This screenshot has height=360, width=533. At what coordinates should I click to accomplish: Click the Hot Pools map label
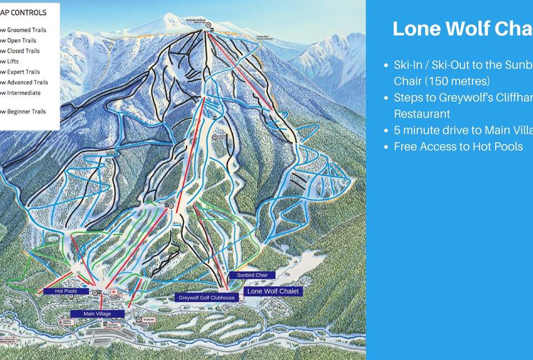click(x=66, y=291)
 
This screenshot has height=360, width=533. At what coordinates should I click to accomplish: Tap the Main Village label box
click(x=97, y=314)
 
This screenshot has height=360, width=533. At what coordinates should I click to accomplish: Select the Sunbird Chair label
click(x=253, y=275)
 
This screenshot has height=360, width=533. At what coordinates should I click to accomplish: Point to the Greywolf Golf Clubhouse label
click(x=207, y=298)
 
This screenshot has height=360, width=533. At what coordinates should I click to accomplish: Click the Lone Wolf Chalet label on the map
click(x=273, y=291)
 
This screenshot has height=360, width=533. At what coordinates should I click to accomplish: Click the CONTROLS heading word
click(x=28, y=12)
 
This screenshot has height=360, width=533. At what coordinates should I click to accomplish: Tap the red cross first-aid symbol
click(x=114, y=292)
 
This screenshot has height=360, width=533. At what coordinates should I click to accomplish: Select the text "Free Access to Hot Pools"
click(x=458, y=147)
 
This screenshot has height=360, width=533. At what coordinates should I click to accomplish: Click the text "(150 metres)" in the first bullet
click(x=442, y=81)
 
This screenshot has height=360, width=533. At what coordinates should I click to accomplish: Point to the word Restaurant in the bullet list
click(x=422, y=114)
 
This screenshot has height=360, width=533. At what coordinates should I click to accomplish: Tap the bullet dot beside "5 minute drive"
click(x=386, y=131)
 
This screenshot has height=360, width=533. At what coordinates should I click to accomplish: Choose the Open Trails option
click(x=19, y=41)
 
